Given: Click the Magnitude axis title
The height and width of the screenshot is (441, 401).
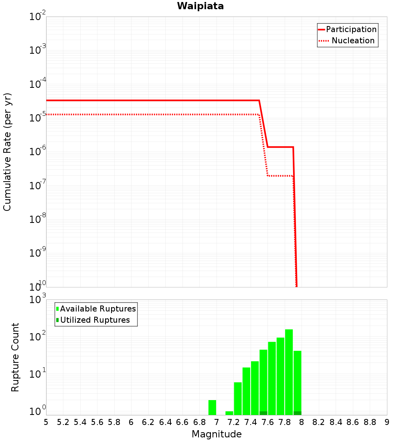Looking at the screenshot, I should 217,434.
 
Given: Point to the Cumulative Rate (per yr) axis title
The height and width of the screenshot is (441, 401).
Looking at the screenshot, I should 7,152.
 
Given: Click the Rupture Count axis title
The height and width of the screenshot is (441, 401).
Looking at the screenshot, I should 15,357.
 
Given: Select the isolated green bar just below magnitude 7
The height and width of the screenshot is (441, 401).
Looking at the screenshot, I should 213,407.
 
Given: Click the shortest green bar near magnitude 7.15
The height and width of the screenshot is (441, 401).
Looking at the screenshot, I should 229,413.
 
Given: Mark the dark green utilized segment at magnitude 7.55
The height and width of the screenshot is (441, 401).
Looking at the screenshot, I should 263,413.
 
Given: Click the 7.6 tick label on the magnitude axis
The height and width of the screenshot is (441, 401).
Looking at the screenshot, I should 268,422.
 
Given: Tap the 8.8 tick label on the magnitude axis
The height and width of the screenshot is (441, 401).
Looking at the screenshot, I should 370,422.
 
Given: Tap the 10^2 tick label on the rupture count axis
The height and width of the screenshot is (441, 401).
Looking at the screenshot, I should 38,337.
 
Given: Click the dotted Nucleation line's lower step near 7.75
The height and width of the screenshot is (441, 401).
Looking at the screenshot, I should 281,176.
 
